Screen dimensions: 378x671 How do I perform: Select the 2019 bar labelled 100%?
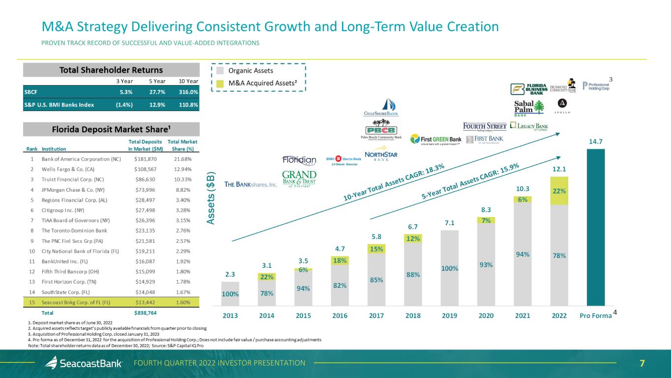450,268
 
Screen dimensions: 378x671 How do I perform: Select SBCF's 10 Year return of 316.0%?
188,91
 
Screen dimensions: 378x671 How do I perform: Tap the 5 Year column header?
157,81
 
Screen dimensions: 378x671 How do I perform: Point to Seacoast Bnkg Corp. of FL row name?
76,302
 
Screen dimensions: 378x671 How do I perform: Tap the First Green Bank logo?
436,139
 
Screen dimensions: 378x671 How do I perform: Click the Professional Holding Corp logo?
596,86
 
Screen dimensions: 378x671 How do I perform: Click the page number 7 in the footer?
642,363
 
